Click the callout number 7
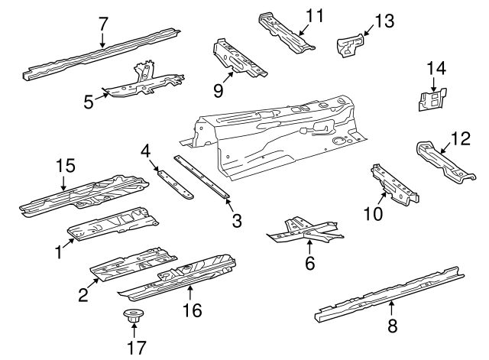(103, 23)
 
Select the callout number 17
(134, 346)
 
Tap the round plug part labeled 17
(134, 317)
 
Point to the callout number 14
(435, 68)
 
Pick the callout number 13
(384, 21)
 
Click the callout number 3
(237, 222)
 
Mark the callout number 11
(315, 15)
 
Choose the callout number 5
(89, 100)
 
